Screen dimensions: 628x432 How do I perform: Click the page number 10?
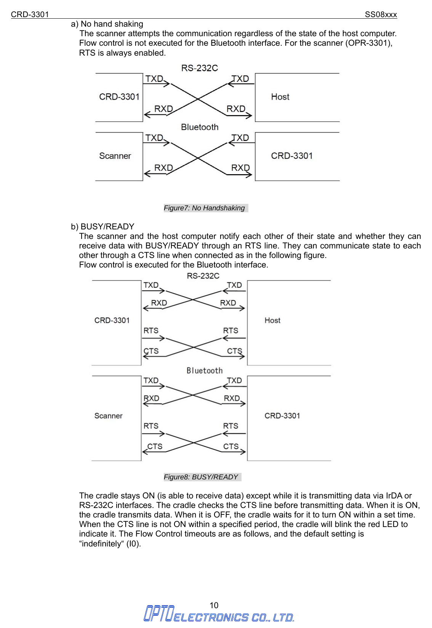[x=214, y=605]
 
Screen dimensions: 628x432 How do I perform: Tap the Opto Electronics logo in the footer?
[x=219, y=614]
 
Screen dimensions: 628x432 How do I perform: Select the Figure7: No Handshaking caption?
[x=204, y=208]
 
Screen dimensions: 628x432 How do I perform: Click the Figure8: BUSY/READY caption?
[x=201, y=477]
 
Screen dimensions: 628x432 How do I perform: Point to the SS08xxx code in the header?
[x=381, y=14]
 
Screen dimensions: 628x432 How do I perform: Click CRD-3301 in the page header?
[x=30, y=14]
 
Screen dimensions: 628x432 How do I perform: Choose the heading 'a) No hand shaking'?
[x=107, y=24]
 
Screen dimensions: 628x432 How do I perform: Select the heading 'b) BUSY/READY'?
[x=102, y=227]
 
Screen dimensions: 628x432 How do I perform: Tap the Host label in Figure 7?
[x=280, y=97]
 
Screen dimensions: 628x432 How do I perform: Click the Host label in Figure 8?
[x=272, y=320]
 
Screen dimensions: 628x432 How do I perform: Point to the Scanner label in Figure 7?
[x=115, y=156]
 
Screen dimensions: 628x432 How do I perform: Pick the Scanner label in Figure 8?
[x=109, y=416]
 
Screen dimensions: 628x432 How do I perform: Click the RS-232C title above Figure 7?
[x=200, y=68]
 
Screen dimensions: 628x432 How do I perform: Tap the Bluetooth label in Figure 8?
[x=205, y=370]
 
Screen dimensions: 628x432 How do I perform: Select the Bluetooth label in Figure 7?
[x=200, y=127]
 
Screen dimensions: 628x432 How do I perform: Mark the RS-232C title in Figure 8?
[x=203, y=276]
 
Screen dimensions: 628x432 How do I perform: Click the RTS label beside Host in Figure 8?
[x=230, y=331]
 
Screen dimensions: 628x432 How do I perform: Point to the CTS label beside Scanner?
[x=155, y=446]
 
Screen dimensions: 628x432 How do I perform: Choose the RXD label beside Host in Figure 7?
[x=236, y=109]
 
